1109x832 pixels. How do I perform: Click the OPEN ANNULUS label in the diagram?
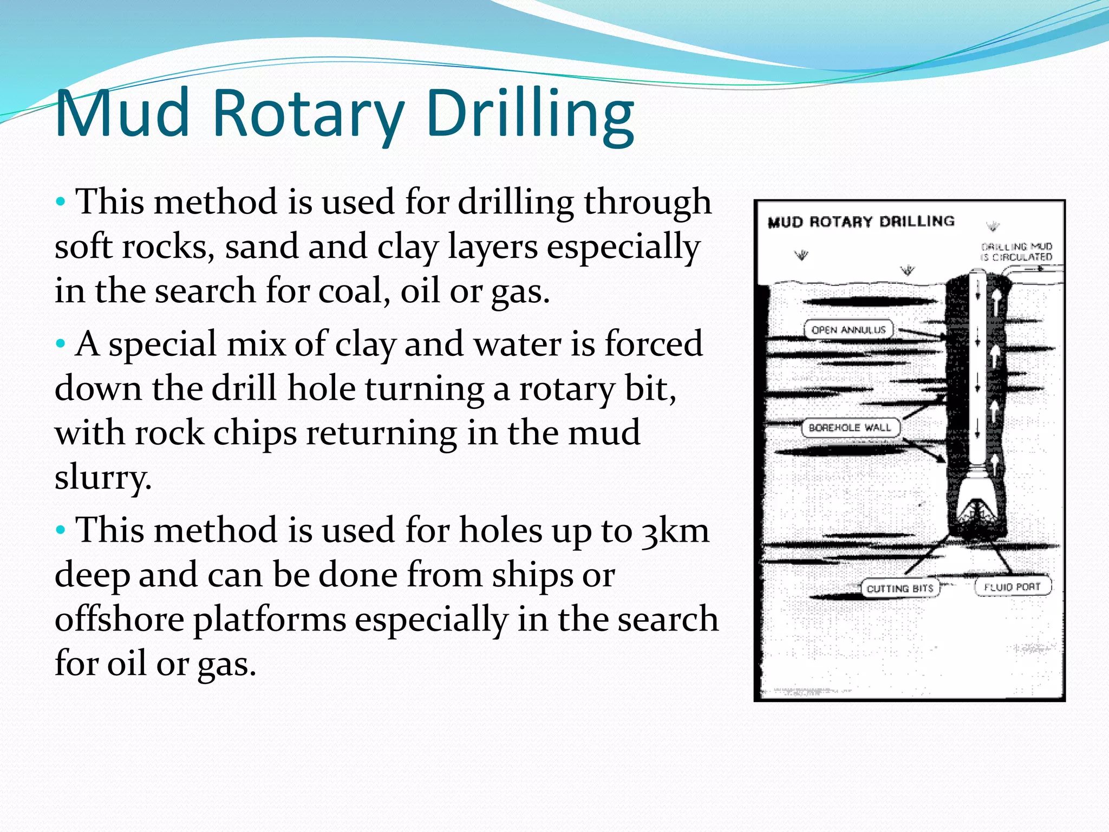click(x=849, y=329)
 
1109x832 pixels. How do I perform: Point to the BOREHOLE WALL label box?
click(x=850, y=427)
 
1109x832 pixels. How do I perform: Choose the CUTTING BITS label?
click(x=900, y=588)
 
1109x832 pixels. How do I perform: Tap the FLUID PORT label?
click(x=1013, y=587)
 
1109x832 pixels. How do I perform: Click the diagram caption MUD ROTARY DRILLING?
click(x=861, y=222)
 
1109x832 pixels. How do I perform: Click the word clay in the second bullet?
click(x=366, y=344)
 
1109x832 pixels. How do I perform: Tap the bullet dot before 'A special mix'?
click(x=61, y=343)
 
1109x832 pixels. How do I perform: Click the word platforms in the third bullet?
click(x=270, y=620)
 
